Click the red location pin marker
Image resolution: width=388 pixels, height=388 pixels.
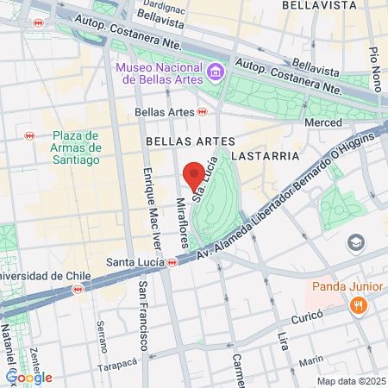coord(193,174)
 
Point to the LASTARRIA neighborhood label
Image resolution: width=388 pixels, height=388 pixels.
coord(272,156)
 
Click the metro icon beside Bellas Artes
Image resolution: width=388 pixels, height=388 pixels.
coord(203,111)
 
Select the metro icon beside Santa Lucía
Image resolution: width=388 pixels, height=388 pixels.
coord(172,262)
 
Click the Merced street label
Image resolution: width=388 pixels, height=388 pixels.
coord(324,123)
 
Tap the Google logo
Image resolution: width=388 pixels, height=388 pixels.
coord(29,377)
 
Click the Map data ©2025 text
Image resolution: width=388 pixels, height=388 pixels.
coord(352,381)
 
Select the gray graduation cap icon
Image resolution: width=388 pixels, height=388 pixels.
coord(355,243)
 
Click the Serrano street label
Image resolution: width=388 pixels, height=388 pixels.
coord(102,337)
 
